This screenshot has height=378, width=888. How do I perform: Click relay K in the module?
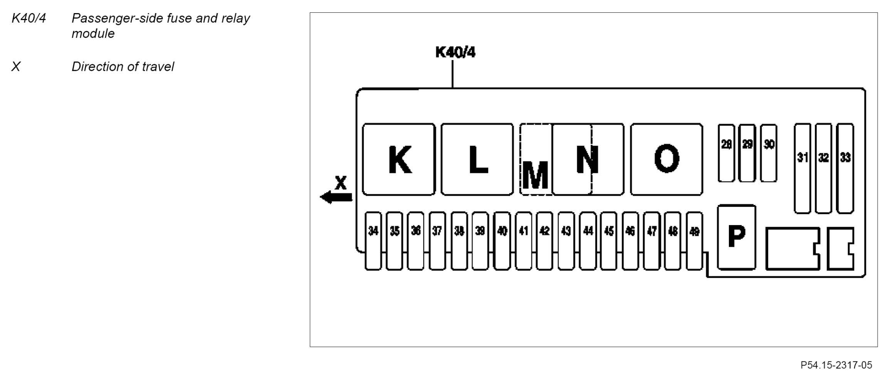(399, 160)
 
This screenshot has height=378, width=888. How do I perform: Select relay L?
(477, 160)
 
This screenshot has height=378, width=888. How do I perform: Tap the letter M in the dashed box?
(535, 175)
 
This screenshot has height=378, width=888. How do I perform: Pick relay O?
(666, 160)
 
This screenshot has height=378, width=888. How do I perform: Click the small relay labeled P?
(736, 237)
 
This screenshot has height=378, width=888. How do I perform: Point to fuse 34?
(373, 241)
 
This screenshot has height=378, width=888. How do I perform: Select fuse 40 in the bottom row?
(502, 241)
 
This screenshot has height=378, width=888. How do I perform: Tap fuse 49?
(694, 241)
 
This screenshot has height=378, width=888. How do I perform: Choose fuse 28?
(726, 153)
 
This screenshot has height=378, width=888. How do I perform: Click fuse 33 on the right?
(845, 168)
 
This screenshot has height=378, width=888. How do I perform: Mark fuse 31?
(802, 168)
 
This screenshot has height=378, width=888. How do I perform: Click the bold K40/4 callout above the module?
(455, 52)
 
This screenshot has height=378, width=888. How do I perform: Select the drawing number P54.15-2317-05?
(836, 365)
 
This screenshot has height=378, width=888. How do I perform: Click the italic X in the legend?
(16, 67)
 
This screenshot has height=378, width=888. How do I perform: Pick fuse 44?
(588, 241)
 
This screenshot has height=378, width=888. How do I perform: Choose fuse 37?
(437, 241)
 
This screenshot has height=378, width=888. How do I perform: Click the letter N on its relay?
(587, 160)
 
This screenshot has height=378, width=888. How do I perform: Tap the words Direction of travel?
(123, 67)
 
